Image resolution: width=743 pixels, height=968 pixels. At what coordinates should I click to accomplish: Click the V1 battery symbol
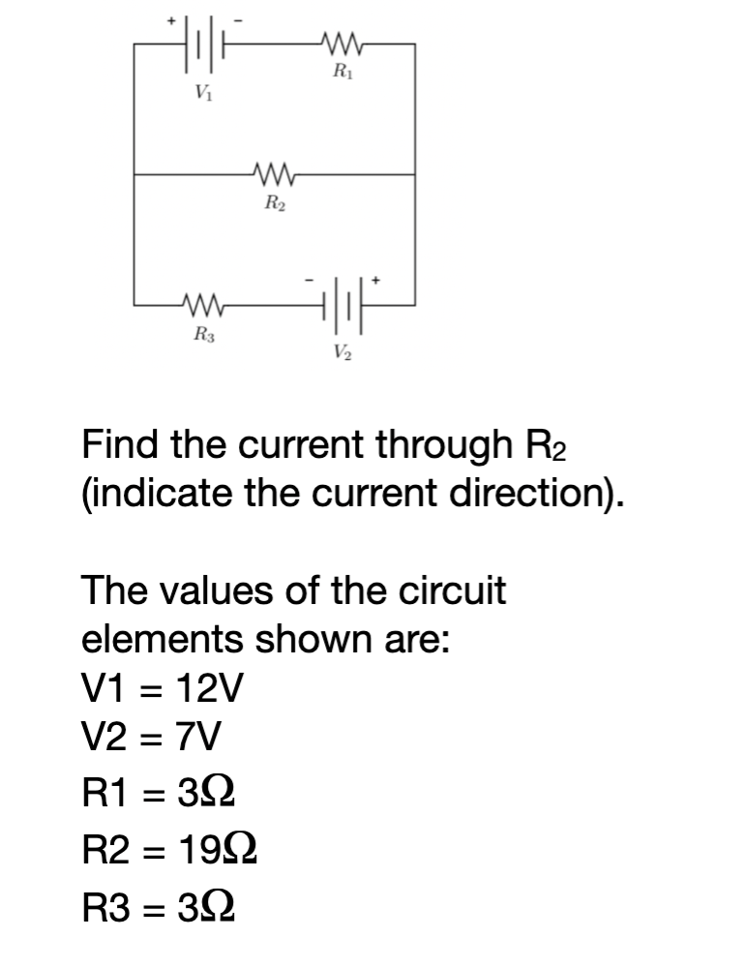pos(201,45)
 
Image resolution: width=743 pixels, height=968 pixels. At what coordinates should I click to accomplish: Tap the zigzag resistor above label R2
pos(274,175)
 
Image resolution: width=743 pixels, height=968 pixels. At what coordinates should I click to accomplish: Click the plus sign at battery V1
pos(172,19)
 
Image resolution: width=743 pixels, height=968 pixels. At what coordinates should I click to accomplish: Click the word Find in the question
pos(117,446)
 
